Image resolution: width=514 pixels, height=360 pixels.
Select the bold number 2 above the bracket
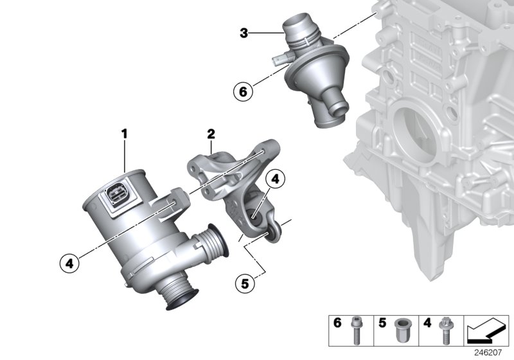(210, 134)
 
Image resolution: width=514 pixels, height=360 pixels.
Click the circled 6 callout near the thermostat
(242, 93)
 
